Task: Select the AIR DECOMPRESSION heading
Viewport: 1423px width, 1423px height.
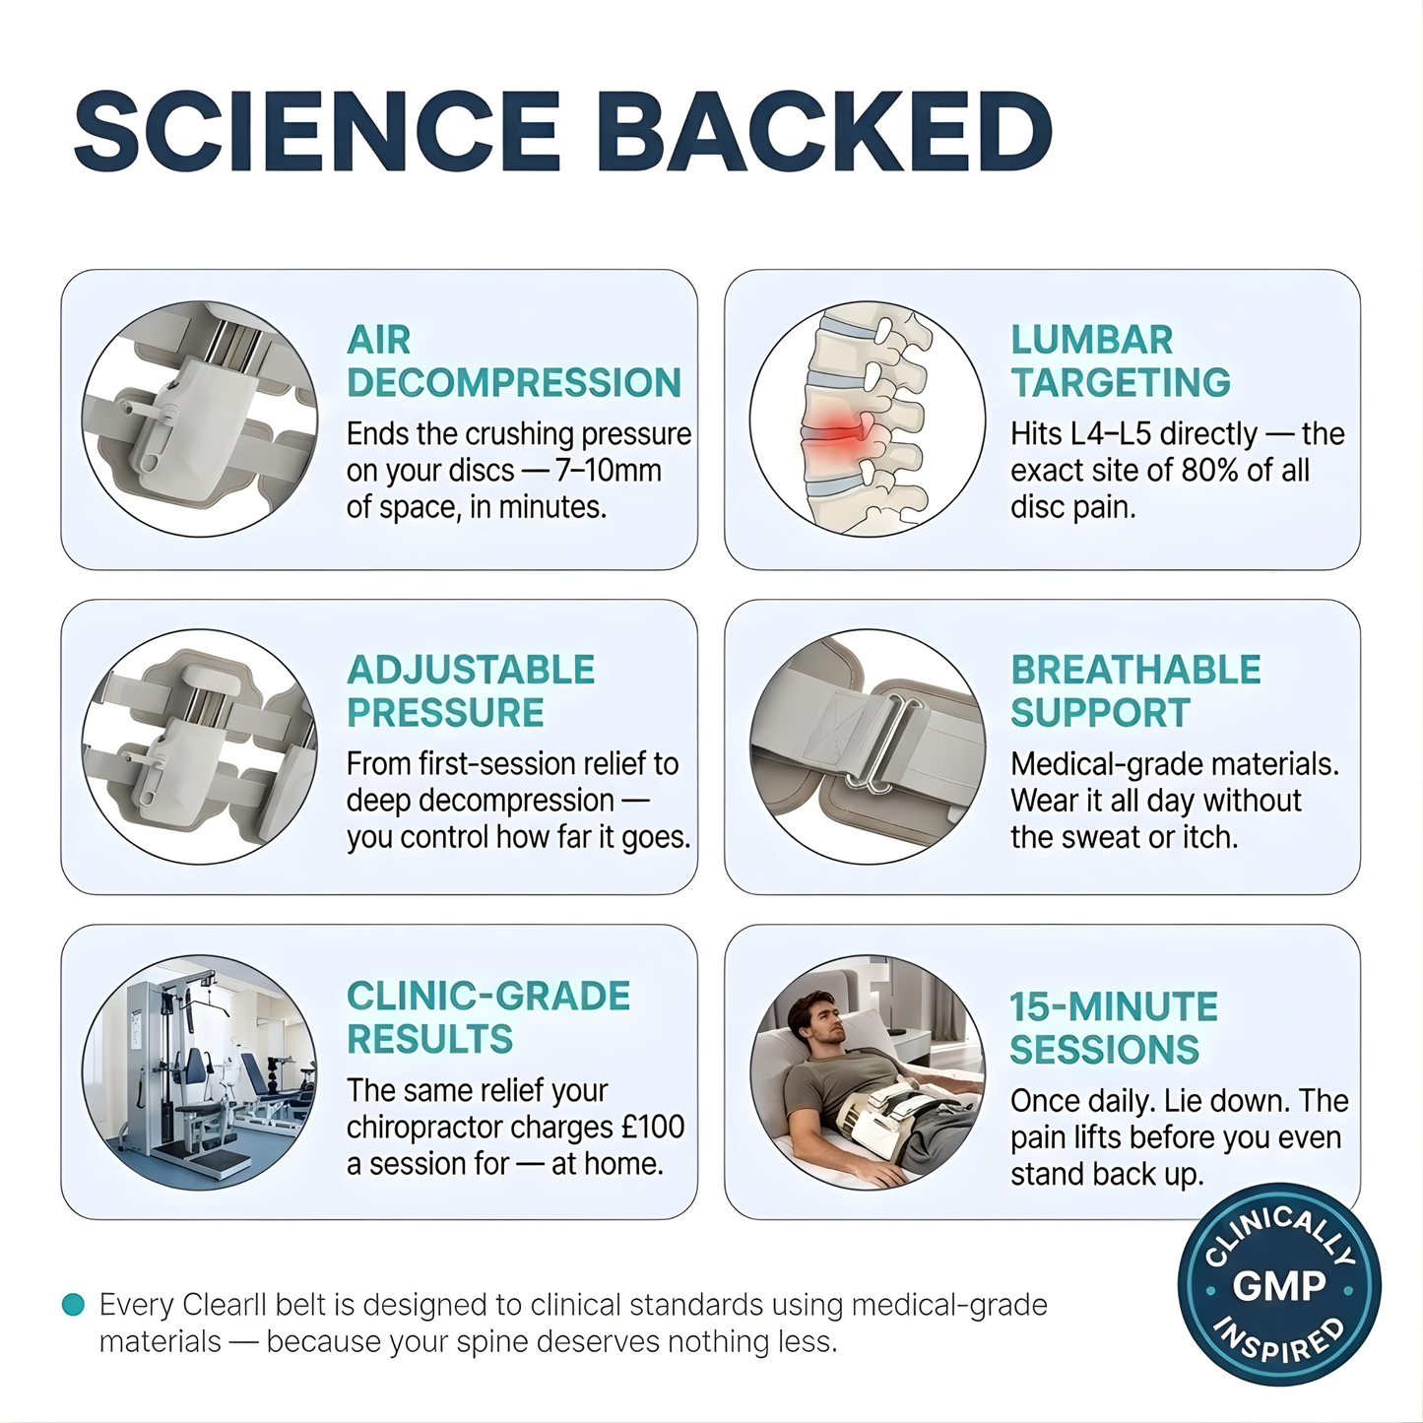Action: [x=513, y=361]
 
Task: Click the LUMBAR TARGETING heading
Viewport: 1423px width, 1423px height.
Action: [x=1121, y=361]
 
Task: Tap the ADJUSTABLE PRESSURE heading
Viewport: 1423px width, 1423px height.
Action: [x=471, y=691]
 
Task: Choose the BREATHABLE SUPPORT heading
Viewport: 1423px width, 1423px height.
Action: [x=1135, y=691]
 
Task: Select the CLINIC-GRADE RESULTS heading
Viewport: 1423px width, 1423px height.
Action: [x=488, y=1017]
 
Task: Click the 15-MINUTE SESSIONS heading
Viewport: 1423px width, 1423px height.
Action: [x=1114, y=1028]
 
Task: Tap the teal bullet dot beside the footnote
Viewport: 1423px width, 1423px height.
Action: [x=73, y=1305]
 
